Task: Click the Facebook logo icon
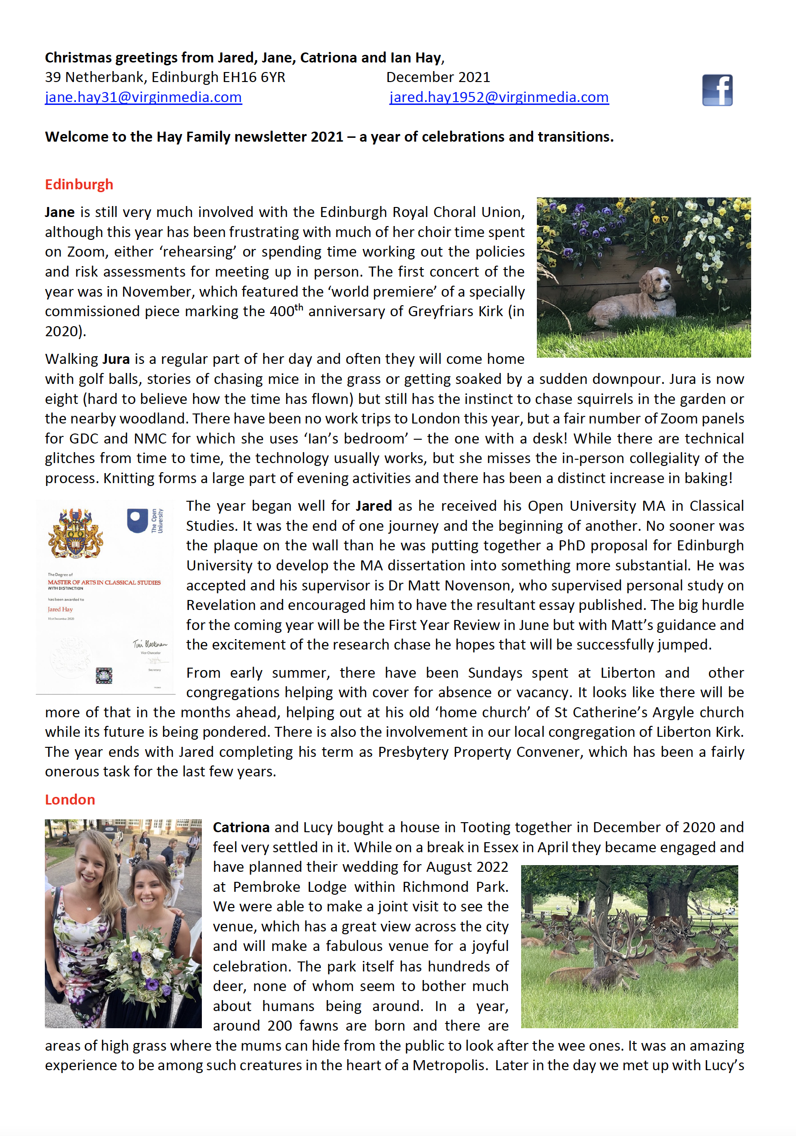click(x=717, y=90)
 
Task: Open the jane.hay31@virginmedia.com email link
click(x=143, y=97)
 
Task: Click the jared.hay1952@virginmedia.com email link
click(x=499, y=97)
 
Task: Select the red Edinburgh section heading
click(x=79, y=185)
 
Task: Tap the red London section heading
click(x=70, y=800)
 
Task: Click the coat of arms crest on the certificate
click(x=75, y=533)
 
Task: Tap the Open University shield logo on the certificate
click(x=137, y=520)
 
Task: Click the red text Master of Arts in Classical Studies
click(x=104, y=582)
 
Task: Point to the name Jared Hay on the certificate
click(x=61, y=609)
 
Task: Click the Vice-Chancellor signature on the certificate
click(x=149, y=644)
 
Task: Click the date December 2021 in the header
click(x=438, y=77)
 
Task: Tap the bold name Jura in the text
click(x=116, y=359)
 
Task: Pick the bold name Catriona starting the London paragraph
click(x=241, y=827)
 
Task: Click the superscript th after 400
click(x=299, y=307)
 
